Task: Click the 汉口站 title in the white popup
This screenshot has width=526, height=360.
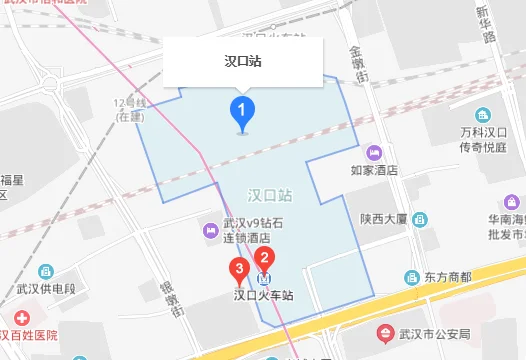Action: click(x=244, y=61)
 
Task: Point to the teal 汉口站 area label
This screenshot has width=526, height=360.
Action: click(x=270, y=194)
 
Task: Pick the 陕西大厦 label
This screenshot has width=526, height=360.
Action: click(x=384, y=217)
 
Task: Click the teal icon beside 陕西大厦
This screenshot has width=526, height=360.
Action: click(x=419, y=217)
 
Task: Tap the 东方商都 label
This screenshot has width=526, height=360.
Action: click(x=446, y=277)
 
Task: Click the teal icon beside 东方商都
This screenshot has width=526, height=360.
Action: click(x=411, y=277)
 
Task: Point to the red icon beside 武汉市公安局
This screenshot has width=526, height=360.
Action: click(x=385, y=332)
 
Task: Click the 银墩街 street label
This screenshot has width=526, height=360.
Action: click(x=170, y=298)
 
